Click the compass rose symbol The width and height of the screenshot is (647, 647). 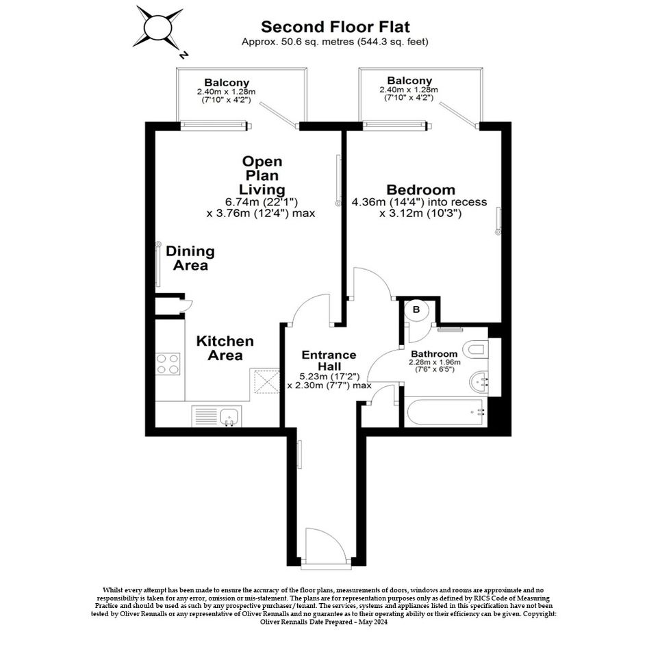(157, 29)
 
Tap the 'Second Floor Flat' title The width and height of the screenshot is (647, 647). (335, 27)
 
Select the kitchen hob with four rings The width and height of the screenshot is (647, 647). (168, 364)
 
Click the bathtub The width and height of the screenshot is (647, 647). (446, 412)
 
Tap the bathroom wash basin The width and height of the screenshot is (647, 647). (479, 381)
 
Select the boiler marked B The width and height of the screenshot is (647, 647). (416, 309)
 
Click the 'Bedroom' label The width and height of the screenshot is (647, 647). (421, 190)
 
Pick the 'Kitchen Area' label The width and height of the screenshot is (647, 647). (225, 348)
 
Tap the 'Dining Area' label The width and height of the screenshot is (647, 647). (190, 258)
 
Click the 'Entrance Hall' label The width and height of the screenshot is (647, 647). (329, 360)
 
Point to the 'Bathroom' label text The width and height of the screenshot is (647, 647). (434, 353)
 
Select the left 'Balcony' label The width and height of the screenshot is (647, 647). (227, 83)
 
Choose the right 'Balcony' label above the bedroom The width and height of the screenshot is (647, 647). (409, 81)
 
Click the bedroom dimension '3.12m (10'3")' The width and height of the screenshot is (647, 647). (420, 214)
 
